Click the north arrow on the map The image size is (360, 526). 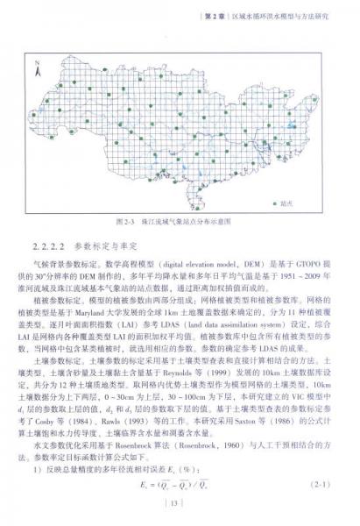[x=37, y=64]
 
